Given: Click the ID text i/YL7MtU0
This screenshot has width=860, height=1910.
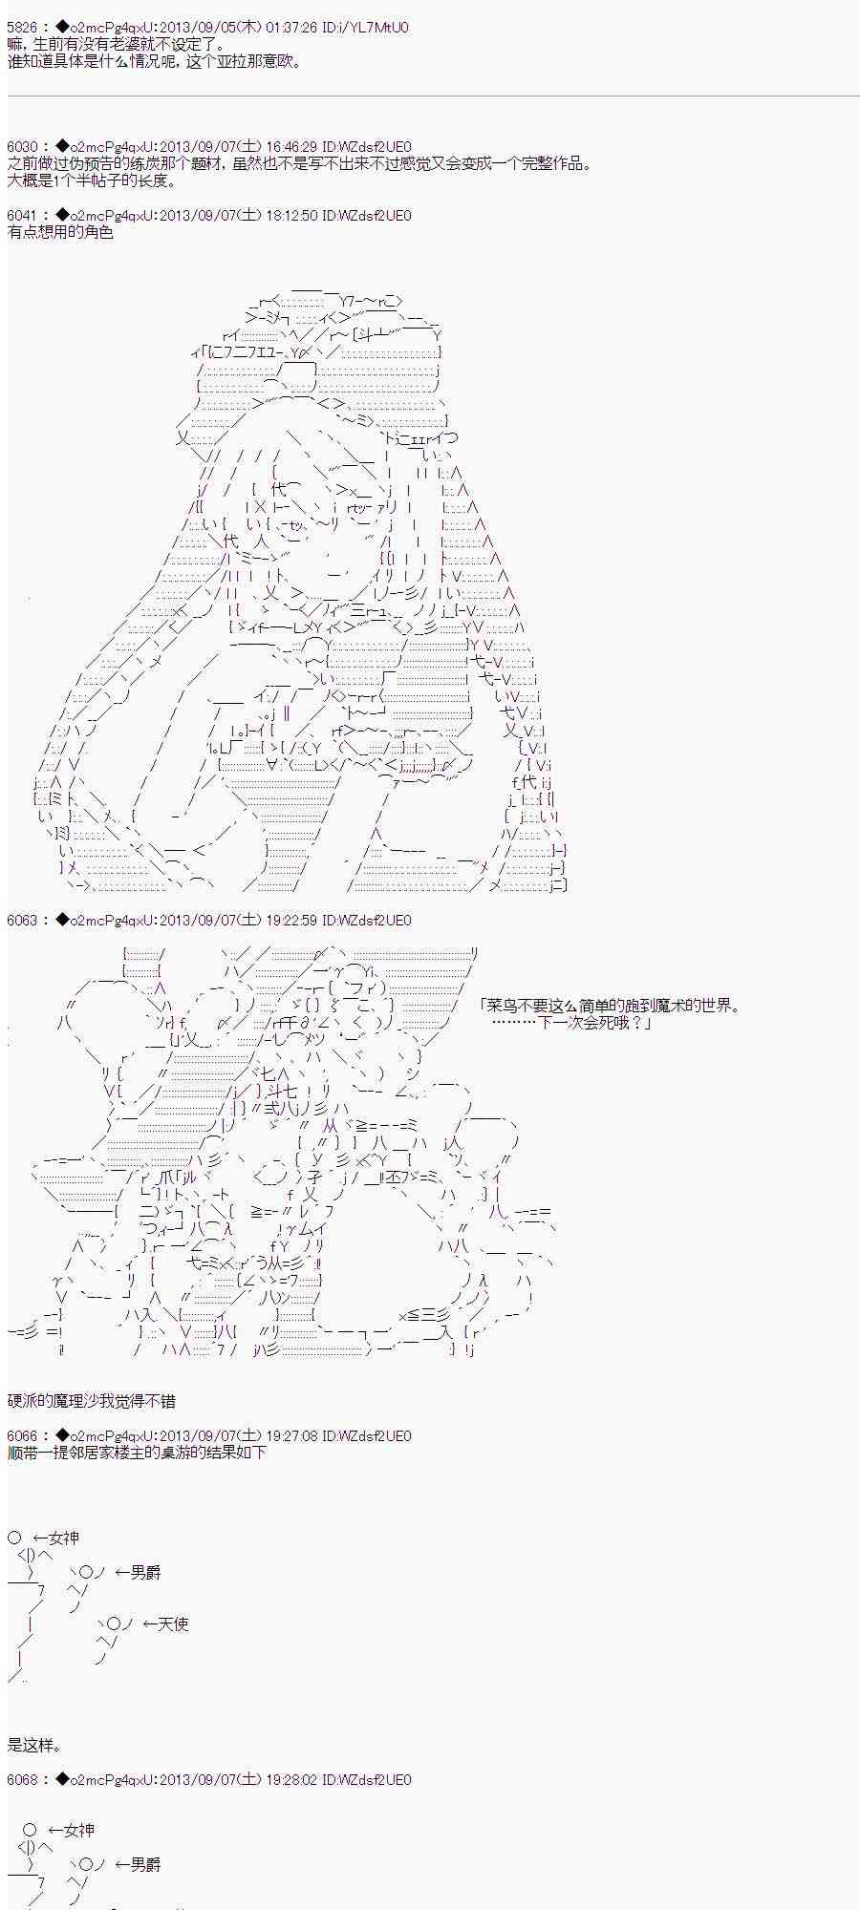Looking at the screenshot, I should (x=368, y=28).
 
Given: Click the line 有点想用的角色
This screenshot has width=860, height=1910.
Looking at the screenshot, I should (x=60, y=232).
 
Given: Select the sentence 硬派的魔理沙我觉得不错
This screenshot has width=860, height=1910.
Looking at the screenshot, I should (x=92, y=1401).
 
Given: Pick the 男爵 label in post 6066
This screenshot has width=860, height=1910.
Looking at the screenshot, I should (x=146, y=1573).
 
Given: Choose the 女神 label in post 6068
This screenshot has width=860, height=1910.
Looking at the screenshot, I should (x=79, y=1830).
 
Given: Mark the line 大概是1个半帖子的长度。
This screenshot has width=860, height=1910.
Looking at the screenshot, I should (x=92, y=180).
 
